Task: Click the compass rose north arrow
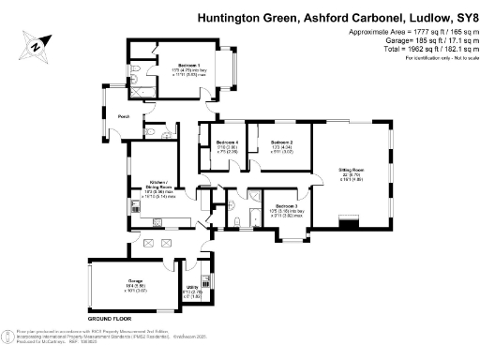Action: point(36,44)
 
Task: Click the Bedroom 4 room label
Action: point(226,142)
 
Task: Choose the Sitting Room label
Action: point(352,170)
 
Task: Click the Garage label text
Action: point(123,280)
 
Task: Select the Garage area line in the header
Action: point(412,40)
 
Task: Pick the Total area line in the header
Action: point(412,49)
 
